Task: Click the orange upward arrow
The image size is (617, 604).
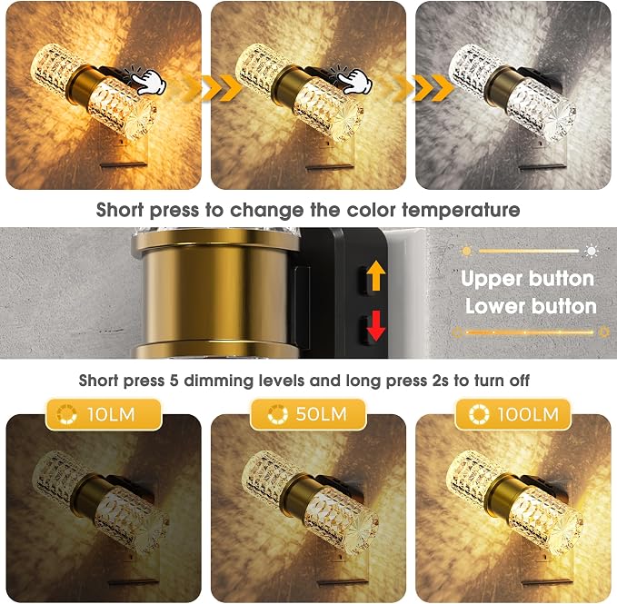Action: (376, 275)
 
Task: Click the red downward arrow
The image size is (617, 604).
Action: (376, 326)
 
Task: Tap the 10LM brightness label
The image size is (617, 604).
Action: (104, 414)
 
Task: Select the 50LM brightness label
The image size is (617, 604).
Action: (308, 414)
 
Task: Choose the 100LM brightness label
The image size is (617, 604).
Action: (513, 414)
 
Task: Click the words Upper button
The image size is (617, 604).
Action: (527, 279)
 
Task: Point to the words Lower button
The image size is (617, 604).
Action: (531, 306)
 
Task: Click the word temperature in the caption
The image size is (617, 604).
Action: (461, 211)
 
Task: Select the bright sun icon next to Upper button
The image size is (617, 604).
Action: (592, 251)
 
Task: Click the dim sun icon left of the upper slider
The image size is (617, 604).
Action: (466, 251)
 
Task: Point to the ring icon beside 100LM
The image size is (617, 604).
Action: (479, 414)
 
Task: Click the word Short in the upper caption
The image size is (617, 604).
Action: (120, 210)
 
